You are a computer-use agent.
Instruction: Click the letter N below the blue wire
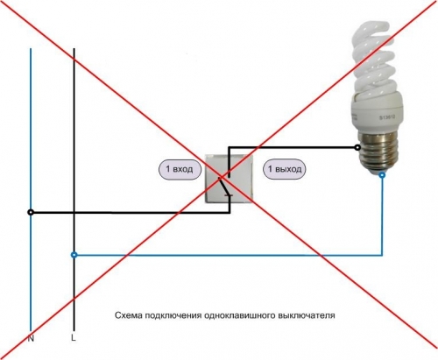[31, 339]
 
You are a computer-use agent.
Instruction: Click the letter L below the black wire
[74, 338]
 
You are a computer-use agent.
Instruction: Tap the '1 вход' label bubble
[180, 169]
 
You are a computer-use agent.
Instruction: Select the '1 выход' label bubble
[285, 169]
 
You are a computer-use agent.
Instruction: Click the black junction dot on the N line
[31, 213]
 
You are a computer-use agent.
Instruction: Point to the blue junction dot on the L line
[74, 255]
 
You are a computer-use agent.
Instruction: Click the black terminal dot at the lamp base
[357, 147]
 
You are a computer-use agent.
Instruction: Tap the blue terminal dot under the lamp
[382, 175]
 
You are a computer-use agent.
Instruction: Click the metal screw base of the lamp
[378, 152]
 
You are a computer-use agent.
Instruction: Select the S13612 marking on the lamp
[387, 117]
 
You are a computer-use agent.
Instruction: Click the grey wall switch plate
[229, 179]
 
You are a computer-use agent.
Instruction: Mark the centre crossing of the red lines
[221, 177]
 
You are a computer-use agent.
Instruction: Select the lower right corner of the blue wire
[382, 255]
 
